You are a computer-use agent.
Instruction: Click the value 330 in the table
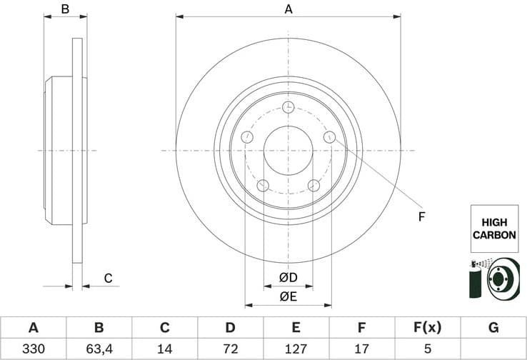(x=33, y=350)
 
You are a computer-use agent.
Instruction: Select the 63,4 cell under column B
(x=99, y=350)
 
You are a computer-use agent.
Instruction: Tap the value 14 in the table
(x=164, y=350)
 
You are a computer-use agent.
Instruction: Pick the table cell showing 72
(x=230, y=350)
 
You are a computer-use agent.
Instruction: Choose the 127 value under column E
(x=296, y=350)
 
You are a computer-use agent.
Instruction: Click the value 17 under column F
(x=361, y=350)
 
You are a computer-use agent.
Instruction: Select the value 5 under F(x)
(x=427, y=350)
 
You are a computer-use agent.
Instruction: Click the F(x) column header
(x=427, y=328)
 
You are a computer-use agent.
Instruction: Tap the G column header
(x=493, y=328)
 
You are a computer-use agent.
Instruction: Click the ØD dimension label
(x=288, y=277)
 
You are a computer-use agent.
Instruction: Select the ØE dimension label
(x=288, y=296)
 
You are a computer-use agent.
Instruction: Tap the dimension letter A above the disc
(x=288, y=9)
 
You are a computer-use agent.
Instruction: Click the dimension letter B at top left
(x=65, y=9)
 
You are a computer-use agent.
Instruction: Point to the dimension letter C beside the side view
(x=108, y=278)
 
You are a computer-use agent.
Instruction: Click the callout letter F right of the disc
(x=421, y=216)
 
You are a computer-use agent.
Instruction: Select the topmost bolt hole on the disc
(x=288, y=108)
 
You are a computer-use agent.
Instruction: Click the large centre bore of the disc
(x=288, y=151)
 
